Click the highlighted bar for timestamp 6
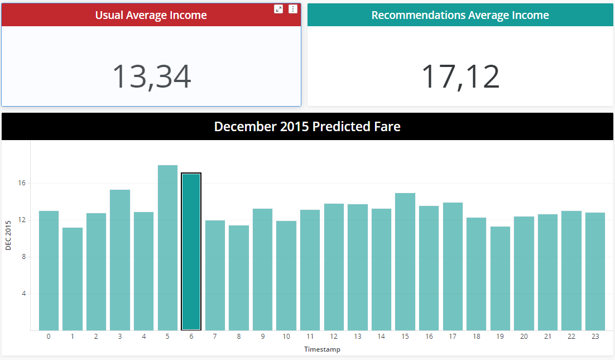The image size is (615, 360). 191,251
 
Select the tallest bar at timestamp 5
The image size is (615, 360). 167,248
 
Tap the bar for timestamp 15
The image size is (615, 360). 405,262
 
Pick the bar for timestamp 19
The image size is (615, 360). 500,279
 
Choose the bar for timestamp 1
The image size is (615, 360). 73,279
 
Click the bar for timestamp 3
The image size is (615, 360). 120,260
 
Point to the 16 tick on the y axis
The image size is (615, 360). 22,183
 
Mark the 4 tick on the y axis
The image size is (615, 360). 23,294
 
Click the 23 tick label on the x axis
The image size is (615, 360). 595,337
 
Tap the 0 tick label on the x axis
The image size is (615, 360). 49,337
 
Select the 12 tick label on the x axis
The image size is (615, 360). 334,337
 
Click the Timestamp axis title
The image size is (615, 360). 322,349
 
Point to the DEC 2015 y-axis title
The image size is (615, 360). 8,236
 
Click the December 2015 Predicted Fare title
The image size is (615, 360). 307,126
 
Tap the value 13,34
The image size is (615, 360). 152,76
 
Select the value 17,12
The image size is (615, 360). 460,76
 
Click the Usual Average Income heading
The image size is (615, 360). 151,15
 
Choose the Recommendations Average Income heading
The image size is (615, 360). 460,15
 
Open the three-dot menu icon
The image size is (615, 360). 293,9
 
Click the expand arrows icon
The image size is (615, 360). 278,9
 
